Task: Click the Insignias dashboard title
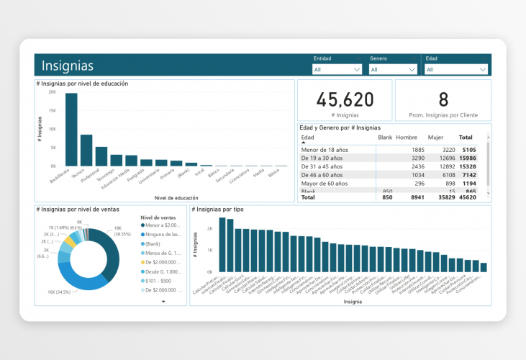click(68, 66)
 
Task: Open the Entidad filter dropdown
click(337, 69)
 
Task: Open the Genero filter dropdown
click(393, 69)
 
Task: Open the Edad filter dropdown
click(456, 69)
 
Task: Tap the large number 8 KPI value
click(443, 99)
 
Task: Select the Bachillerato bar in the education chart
click(71, 130)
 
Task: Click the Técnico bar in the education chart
click(86, 150)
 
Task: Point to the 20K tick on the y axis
click(52, 92)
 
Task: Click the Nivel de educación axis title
click(177, 197)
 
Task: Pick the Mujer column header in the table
click(435, 137)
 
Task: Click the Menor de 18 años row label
click(324, 150)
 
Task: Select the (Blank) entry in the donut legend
click(155, 244)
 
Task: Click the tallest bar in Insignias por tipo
click(223, 245)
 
